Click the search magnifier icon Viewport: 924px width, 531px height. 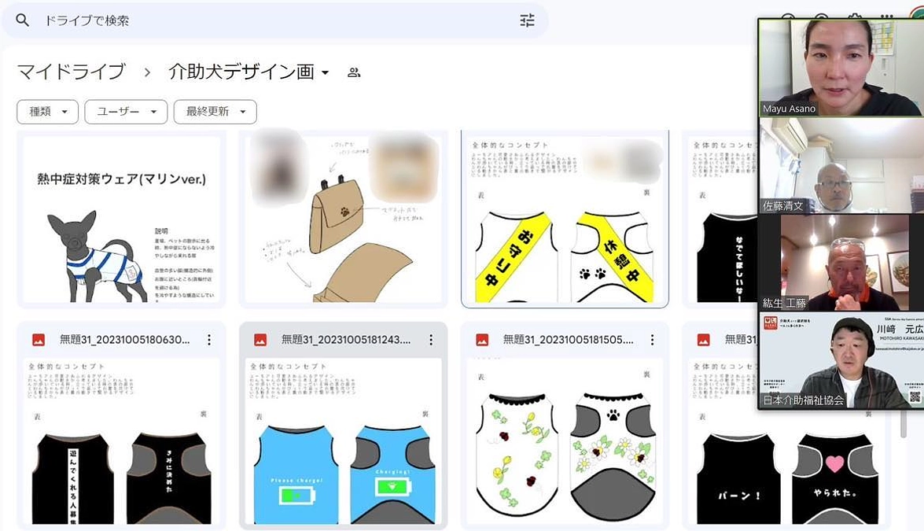[23, 20]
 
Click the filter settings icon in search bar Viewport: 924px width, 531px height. [527, 20]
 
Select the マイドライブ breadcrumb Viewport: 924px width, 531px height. [72, 72]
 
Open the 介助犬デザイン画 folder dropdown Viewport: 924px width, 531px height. [325, 73]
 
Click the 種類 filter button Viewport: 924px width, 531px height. [47, 112]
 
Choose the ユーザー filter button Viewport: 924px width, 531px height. [126, 112]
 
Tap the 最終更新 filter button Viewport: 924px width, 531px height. [215, 112]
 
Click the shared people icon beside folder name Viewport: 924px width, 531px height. [354, 72]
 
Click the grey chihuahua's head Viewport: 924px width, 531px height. [72, 228]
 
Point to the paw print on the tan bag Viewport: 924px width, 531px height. [344, 211]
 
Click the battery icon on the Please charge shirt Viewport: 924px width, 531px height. [296, 496]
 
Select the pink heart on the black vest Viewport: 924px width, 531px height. [834, 463]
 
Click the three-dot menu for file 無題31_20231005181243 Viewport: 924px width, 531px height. [431, 340]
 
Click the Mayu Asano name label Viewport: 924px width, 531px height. [789, 109]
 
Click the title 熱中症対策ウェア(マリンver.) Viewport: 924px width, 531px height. [122, 179]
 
